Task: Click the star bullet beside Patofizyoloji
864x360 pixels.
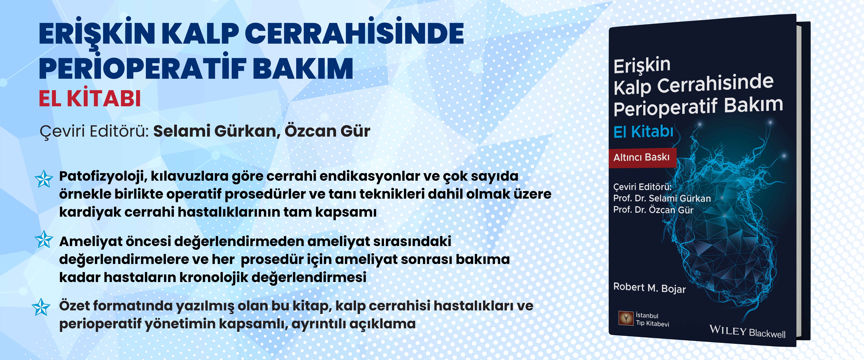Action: pyautogui.click(x=44, y=179)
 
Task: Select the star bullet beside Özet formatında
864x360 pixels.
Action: pyautogui.click(x=41, y=307)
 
